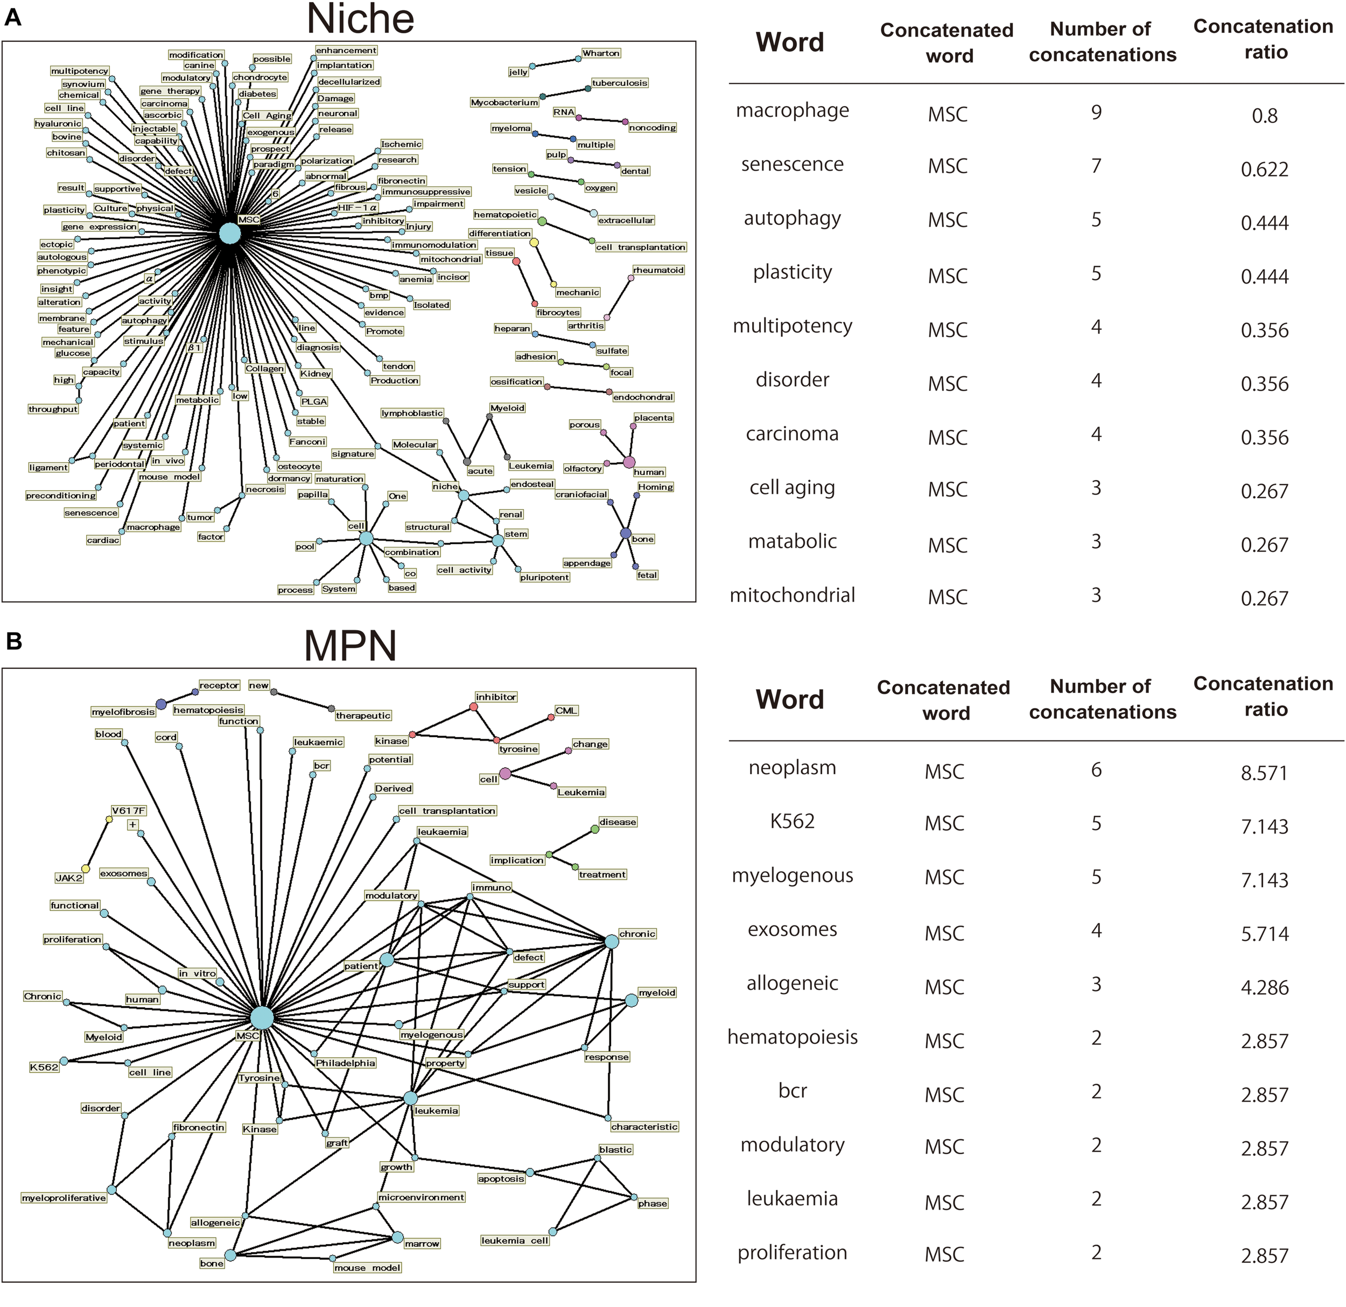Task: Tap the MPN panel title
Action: [350, 646]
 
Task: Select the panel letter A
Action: [12, 17]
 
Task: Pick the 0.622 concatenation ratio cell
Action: [1264, 169]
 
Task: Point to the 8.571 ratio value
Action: [1264, 772]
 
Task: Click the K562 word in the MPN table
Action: [792, 821]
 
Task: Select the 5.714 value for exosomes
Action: [1264, 934]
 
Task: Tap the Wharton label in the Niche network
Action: [601, 53]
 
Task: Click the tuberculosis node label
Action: [620, 83]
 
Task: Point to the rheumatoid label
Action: [658, 270]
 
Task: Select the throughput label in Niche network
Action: [53, 409]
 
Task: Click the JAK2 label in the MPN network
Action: [69, 878]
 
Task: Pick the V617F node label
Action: [129, 811]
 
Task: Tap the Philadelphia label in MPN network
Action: [346, 1063]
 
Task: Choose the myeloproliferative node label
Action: [64, 1198]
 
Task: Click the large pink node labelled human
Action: [629, 462]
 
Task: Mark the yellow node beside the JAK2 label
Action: [86, 869]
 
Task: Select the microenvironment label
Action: [421, 1197]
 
